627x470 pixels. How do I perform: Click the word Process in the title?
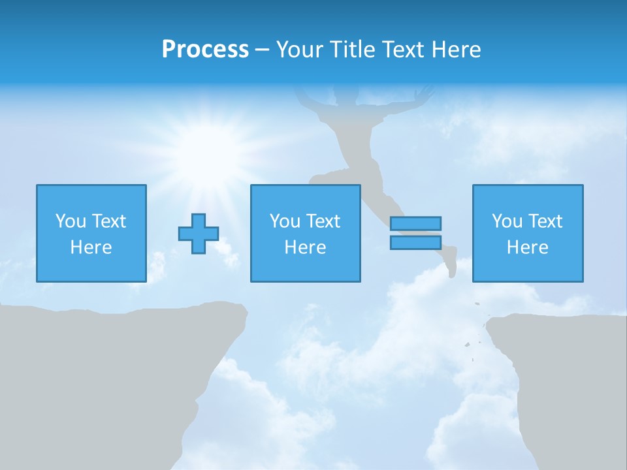point(205,50)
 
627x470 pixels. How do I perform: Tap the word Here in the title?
point(456,50)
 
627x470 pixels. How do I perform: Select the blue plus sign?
point(199,234)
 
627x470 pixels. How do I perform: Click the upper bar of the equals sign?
point(415,224)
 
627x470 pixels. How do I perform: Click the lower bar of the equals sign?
point(415,242)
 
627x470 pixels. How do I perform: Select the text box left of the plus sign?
point(91,233)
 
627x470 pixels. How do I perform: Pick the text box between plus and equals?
point(305,233)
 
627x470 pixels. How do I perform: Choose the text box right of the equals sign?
point(528,233)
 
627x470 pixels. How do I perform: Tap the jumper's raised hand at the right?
point(426,91)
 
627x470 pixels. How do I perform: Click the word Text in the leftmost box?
point(108,221)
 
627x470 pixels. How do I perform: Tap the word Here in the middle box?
point(305,247)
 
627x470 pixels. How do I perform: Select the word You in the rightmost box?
point(507,221)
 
